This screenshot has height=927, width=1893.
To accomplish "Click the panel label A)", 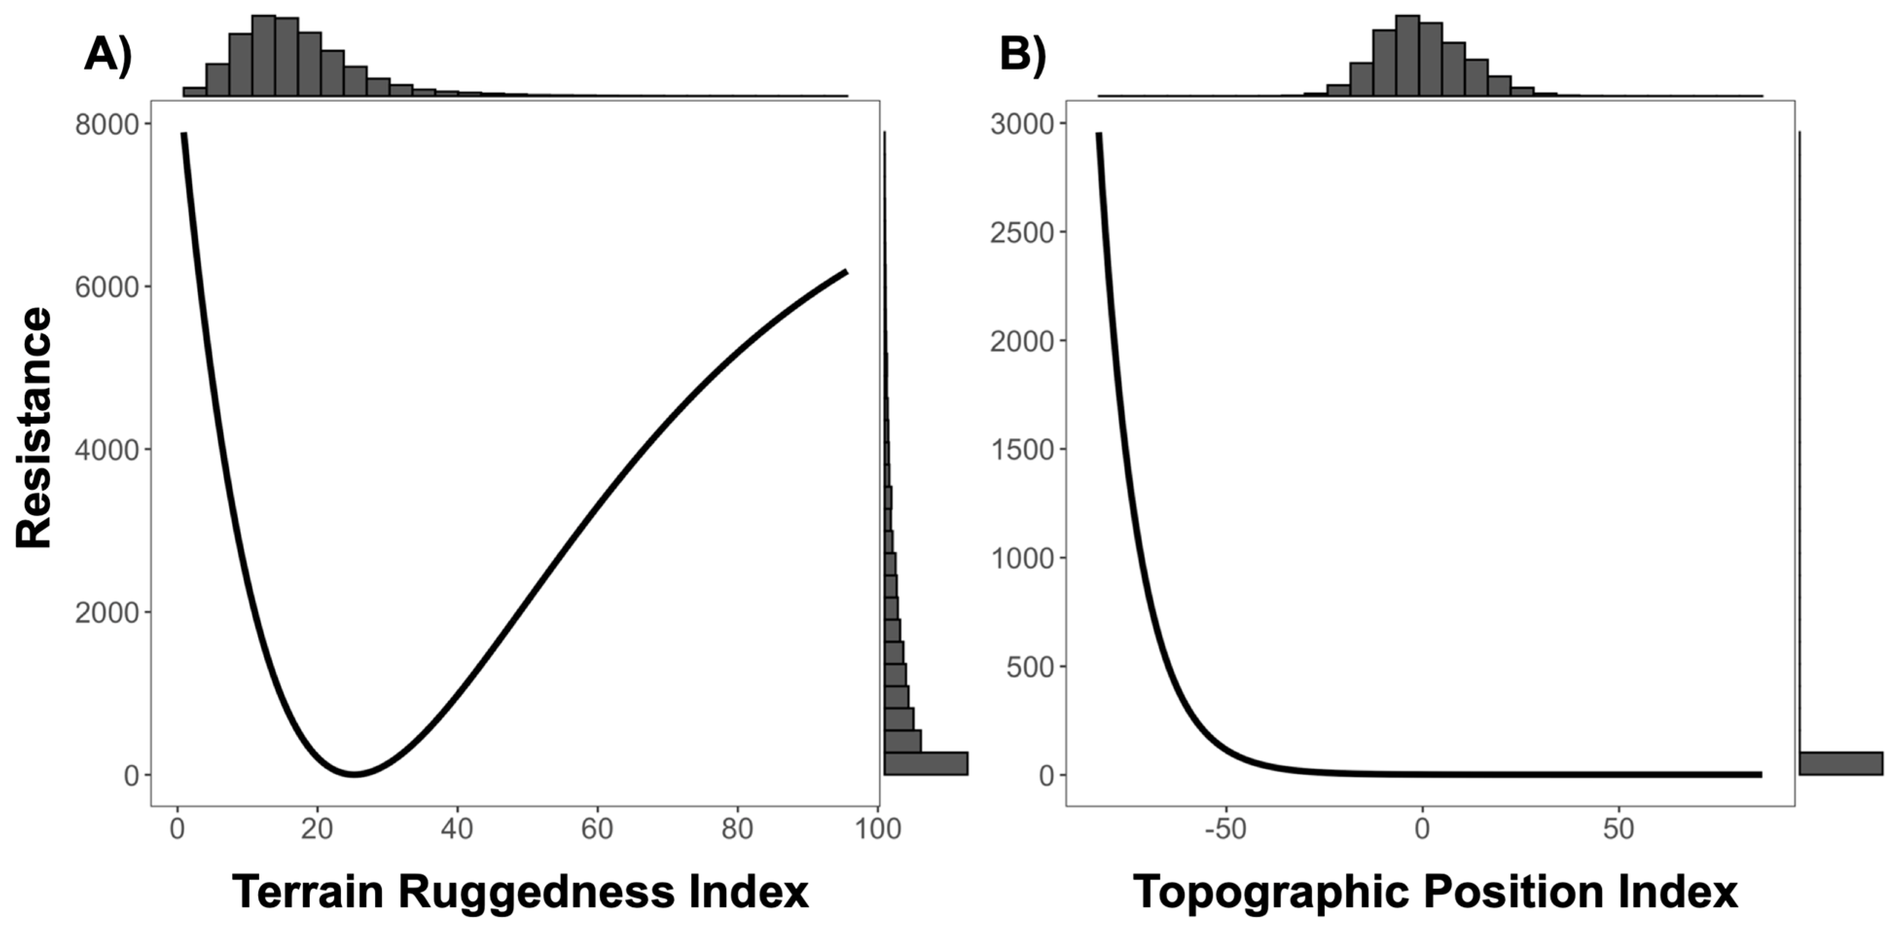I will [x=107, y=54].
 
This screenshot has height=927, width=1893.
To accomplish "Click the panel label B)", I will [x=1022, y=54].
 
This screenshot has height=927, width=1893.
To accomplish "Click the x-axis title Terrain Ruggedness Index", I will [x=520, y=892].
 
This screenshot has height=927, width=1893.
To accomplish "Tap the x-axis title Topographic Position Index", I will [x=1435, y=892].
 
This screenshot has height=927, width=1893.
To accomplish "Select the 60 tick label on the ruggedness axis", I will [x=597, y=829].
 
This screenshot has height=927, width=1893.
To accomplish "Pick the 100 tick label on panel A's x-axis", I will [x=878, y=829].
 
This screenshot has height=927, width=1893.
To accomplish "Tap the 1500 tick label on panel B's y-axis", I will [x=1022, y=449].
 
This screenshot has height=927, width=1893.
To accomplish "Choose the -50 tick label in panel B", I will [x=1226, y=829].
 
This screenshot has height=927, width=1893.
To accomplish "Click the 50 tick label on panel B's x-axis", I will [x=1618, y=829].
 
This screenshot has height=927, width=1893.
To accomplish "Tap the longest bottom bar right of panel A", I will [x=926, y=763].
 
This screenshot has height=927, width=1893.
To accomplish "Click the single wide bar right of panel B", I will [x=1841, y=763].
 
